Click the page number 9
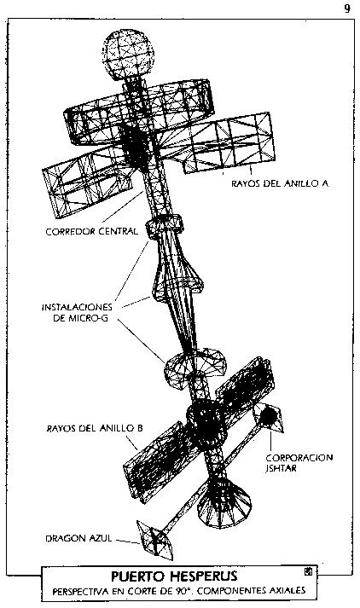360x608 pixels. [x=347, y=9]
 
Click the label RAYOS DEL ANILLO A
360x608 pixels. [x=280, y=183]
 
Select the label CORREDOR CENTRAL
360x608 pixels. [x=91, y=231]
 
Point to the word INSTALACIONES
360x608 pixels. [x=77, y=307]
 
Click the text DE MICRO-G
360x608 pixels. [x=80, y=319]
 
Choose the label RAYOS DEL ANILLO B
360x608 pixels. [x=95, y=428]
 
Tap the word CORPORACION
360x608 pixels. [x=299, y=458]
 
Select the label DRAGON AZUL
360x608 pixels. [x=78, y=538]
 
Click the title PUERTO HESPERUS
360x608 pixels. [x=174, y=576]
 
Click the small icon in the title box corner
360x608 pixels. [x=309, y=571]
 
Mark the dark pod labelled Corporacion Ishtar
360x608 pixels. [x=268, y=417]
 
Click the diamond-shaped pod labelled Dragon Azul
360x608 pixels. [x=155, y=540]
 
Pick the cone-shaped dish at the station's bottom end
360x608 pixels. [x=224, y=501]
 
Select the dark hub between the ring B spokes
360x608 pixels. [x=206, y=424]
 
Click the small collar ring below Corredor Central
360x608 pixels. [x=164, y=227]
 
